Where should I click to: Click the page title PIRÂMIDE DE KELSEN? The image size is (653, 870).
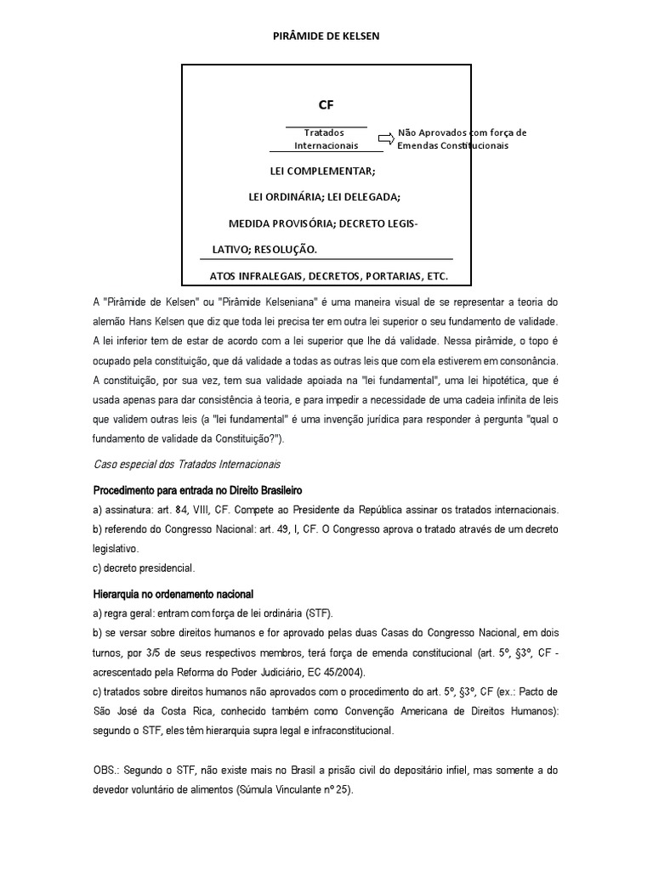(326, 37)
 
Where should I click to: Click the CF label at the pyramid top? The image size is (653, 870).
(326, 105)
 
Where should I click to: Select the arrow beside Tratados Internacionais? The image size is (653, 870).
(386, 138)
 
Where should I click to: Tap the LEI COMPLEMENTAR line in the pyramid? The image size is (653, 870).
(322, 172)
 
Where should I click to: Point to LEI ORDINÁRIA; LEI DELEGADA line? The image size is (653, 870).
(324, 197)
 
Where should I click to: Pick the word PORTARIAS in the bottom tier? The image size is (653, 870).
(370, 277)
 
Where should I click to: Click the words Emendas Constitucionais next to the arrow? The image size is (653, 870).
(452, 145)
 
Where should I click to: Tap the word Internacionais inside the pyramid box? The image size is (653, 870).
(326, 145)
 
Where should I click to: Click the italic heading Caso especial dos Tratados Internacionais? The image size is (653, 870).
(186, 465)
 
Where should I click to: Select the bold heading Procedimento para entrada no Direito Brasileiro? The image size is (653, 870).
(197, 491)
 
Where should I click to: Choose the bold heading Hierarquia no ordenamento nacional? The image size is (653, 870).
(173, 594)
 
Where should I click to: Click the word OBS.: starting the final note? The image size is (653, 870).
(106, 771)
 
